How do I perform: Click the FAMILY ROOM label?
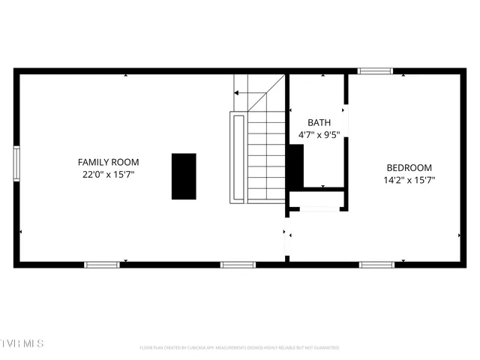tap(109, 162)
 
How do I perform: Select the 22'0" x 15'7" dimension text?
tap(109, 174)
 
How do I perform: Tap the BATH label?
tap(319, 122)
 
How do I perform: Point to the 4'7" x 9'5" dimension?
tap(319, 136)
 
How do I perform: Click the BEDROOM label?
tap(409, 167)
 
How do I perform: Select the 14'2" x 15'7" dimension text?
tap(409, 180)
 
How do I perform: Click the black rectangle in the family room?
tap(184, 176)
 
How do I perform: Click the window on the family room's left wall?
tap(16, 163)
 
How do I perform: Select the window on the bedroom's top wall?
tap(375, 71)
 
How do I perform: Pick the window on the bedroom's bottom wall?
tap(376, 264)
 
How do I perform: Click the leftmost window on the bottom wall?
tap(101, 264)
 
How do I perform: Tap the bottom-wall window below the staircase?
tap(238, 264)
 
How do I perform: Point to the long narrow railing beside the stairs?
tap(238, 157)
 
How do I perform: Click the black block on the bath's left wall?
tap(295, 165)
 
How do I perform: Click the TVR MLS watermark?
tap(22, 343)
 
